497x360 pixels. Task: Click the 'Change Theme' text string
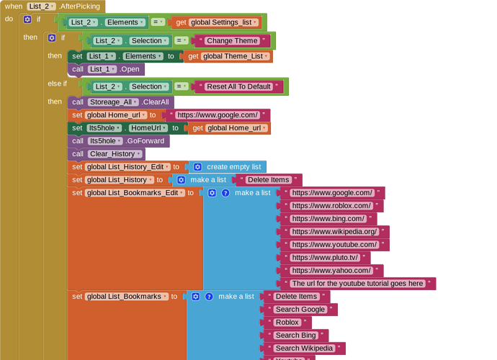[232, 41]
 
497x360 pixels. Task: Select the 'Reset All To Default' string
[238, 87]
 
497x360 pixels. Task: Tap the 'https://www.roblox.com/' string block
[331, 206]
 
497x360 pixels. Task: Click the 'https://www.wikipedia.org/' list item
[335, 232]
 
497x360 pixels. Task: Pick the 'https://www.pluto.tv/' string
[325, 258]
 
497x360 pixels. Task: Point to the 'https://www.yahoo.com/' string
[331, 271]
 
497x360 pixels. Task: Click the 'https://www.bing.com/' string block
[328, 219]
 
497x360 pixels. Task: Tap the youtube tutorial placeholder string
[358, 284]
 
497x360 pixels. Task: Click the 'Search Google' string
[300, 310]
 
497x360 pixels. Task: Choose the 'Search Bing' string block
[296, 336]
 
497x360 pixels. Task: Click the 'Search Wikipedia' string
[304, 348]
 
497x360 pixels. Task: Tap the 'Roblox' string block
[287, 323]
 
